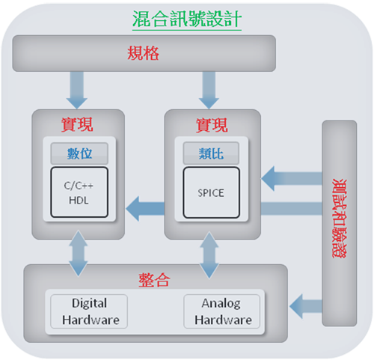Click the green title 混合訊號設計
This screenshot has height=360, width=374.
click(x=187, y=19)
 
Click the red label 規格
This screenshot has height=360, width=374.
click(x=143, y=53)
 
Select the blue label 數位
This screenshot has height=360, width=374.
click(x=79, y=153)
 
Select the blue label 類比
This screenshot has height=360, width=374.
click(x=211, y=153)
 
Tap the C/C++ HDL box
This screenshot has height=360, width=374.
click(x=79, y=192)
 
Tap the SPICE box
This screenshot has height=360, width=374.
click(x=212, y=192)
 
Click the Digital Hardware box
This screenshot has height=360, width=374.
click(x=89, y=311)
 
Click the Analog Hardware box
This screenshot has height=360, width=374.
click(x=222, y=311)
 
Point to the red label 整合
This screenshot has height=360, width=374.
click(x=154, y=280)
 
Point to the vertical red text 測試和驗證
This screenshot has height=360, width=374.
click(x=340, y=219)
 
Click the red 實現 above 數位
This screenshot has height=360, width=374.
click(x=77, y=124)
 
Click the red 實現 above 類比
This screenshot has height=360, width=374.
click(x=212, y=125)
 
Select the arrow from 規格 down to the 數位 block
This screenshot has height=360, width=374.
click(x=77, y=90)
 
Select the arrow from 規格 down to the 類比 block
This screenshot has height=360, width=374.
click(x=209, y=90)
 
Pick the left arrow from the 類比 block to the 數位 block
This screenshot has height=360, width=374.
click(x=145, y=209)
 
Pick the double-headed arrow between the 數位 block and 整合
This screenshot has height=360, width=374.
click(x=79, y=253)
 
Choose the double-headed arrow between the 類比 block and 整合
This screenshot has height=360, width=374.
click(x=209, y=254)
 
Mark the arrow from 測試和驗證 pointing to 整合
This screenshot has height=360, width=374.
click(x=306, y=306)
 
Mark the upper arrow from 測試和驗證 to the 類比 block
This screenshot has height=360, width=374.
click(x=292, y=178)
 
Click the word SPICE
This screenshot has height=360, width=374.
click(x=211, y=193)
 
